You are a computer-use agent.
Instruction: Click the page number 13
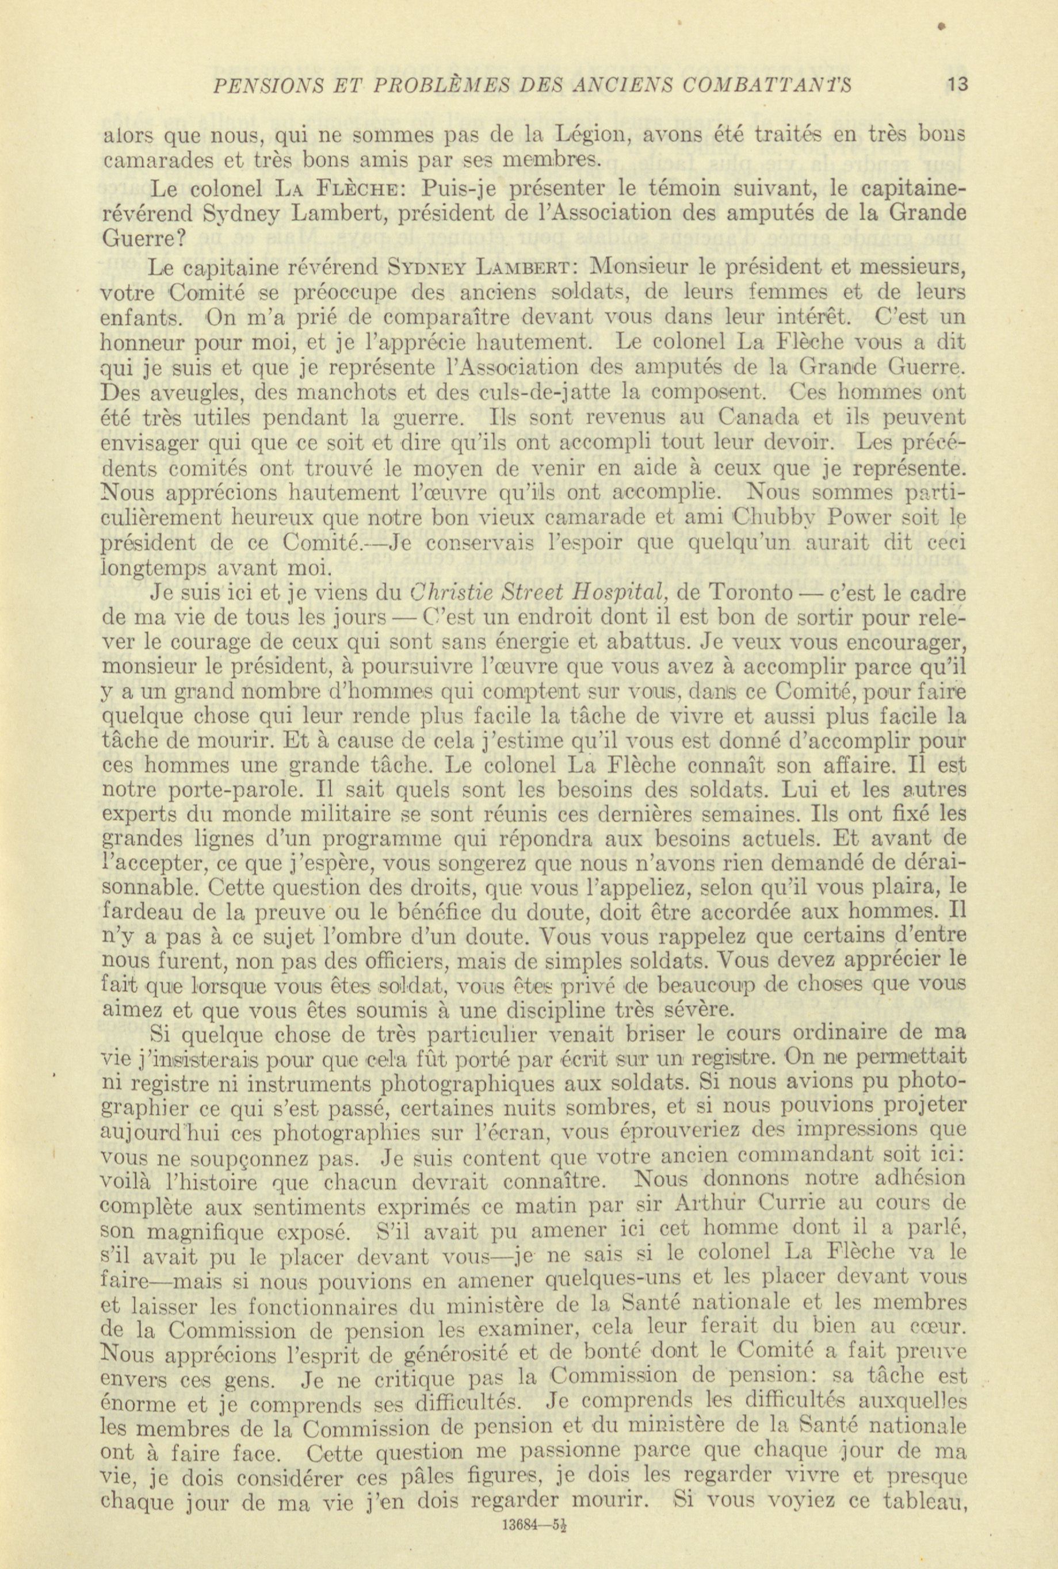[x=957, y=85]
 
